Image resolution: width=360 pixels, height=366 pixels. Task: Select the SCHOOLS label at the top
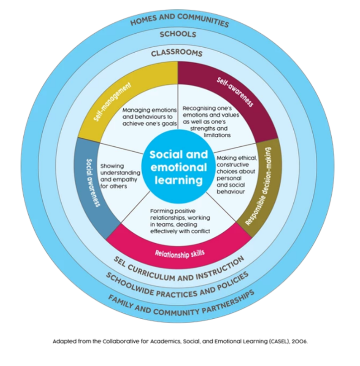(178, 35)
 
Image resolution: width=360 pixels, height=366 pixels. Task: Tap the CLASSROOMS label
(177, 52)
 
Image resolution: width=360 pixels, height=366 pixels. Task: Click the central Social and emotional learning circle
(178, 166)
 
